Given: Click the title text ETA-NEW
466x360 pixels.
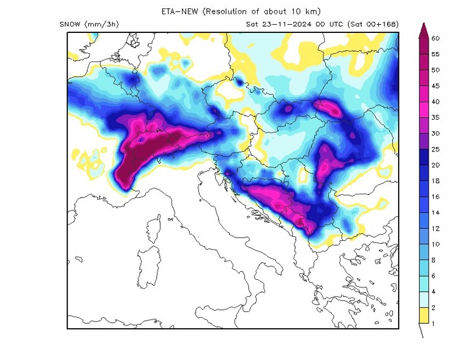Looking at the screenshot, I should click(x=179, y=11).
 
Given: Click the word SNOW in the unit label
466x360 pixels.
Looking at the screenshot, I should click(x=70, y=24).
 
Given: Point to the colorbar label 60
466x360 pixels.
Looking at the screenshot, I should click(x=436, y=38).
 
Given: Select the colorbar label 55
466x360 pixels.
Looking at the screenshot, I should click(x=436, y=54).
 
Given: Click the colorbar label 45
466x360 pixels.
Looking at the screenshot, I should click(x=436, y=86).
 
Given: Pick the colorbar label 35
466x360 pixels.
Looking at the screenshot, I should click(x=436, y=117).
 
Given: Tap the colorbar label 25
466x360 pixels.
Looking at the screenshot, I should click(x=436, y=149).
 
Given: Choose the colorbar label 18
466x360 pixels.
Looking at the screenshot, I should click(x=436, y=181).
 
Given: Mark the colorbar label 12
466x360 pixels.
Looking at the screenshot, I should click(x=436, y=228).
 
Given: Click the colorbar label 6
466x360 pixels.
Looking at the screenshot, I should click(x=434, y=275).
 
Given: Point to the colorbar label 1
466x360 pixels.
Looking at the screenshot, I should click(x=434, y=323).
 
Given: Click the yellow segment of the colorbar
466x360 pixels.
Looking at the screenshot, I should click(x=422, y=315).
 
